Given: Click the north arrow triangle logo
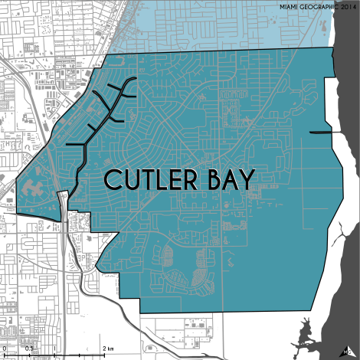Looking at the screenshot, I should [349, 349].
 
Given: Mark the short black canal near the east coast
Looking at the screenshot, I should [322, 132].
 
